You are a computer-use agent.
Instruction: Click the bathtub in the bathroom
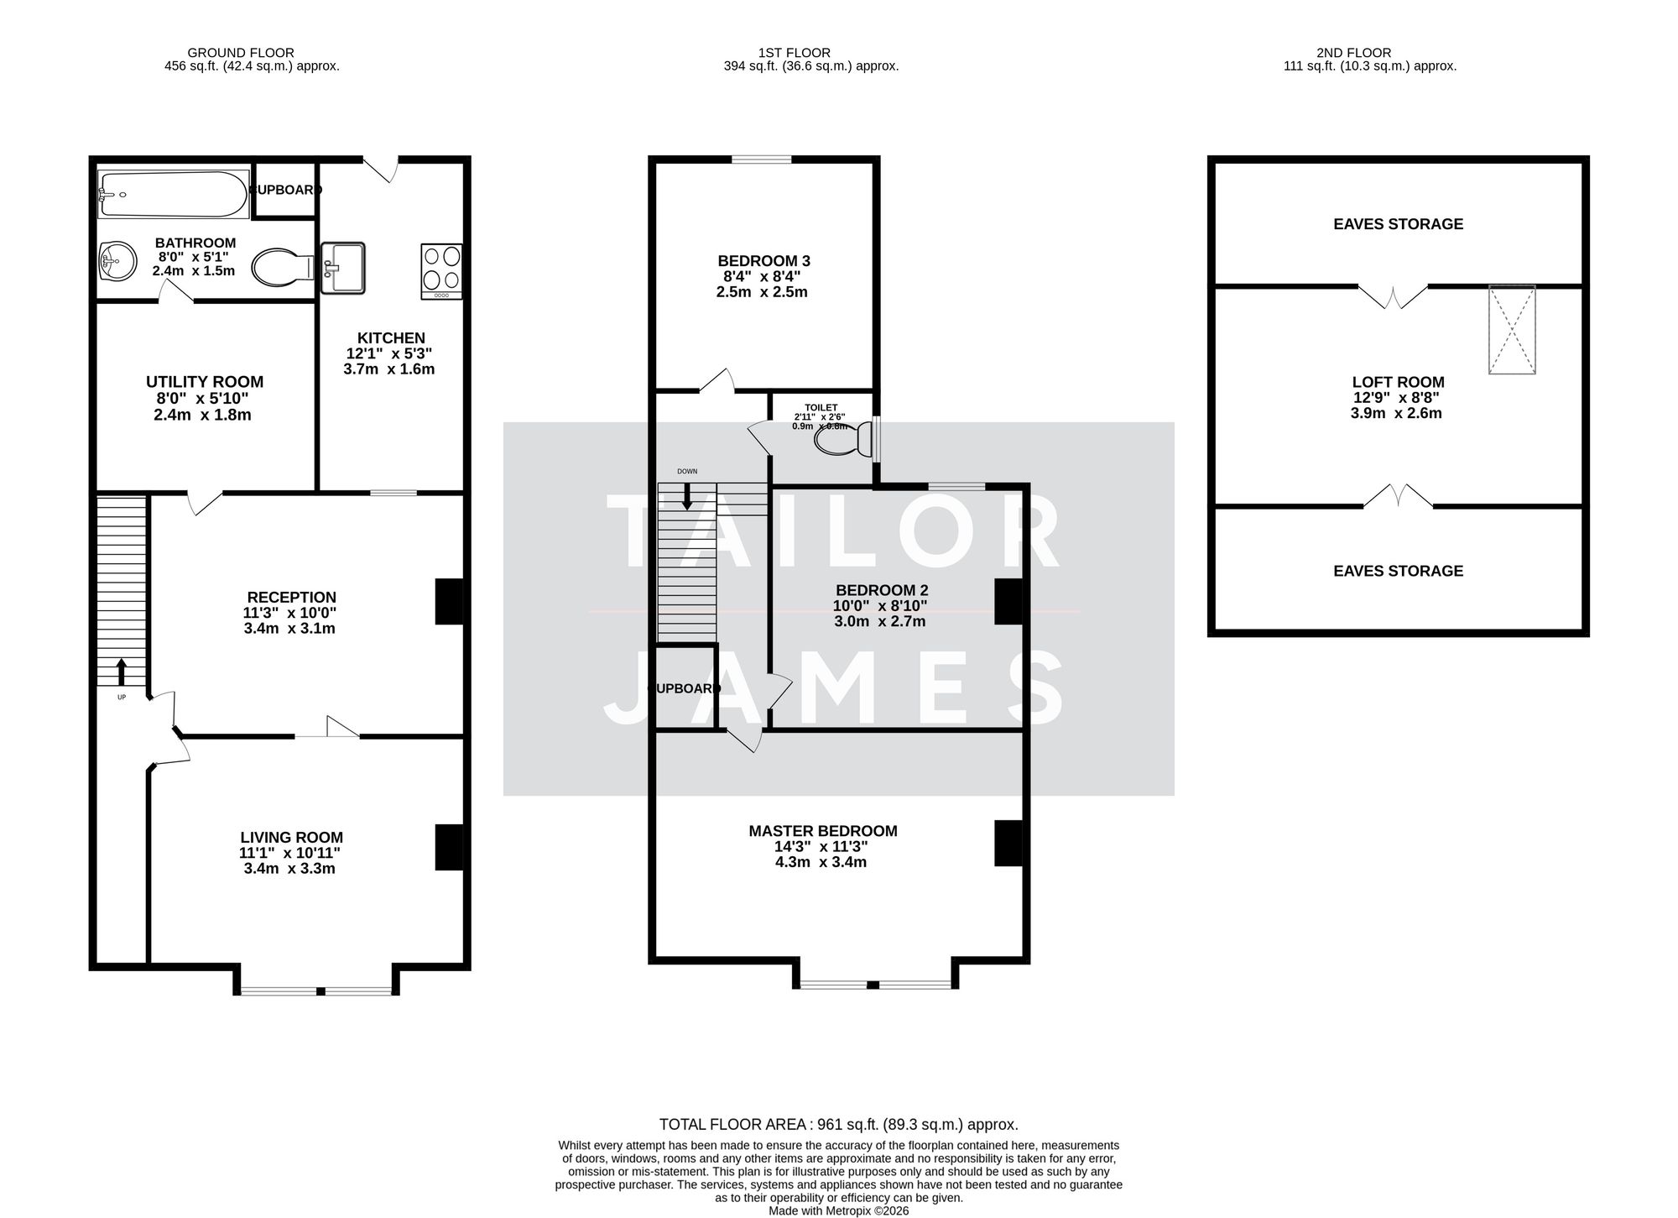pyautogui.click(x=173, y=194)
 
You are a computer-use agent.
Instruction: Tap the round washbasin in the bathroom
pyautogui.click(x=117, y=262)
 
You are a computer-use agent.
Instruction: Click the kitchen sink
pyautogui.click(x=343, y=268)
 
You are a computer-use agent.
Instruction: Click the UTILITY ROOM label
pyautogui.click(x=204, y=382)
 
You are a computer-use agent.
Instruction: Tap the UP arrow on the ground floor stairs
pyautogui.click(x=121, y=672)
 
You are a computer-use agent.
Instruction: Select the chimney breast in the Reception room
pyautogui.click(x=449, y=601)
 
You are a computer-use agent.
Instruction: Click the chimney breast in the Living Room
pyautogui.click(x=449, y=847)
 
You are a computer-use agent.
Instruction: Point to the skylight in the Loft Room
pyautogui.click(x=1512, y=329)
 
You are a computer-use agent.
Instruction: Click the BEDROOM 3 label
pyautogui.click(x=763, y=261)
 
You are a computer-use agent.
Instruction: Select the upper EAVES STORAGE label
pyautogui.click(x=1398, y=224)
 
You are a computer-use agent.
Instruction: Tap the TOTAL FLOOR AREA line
pyautogui.click(x=838, y=1124)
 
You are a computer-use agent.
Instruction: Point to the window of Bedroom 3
pyautogui.click(x=761, y=159)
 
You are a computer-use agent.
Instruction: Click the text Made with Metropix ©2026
pyautogui.click(x=838, y=1210)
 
